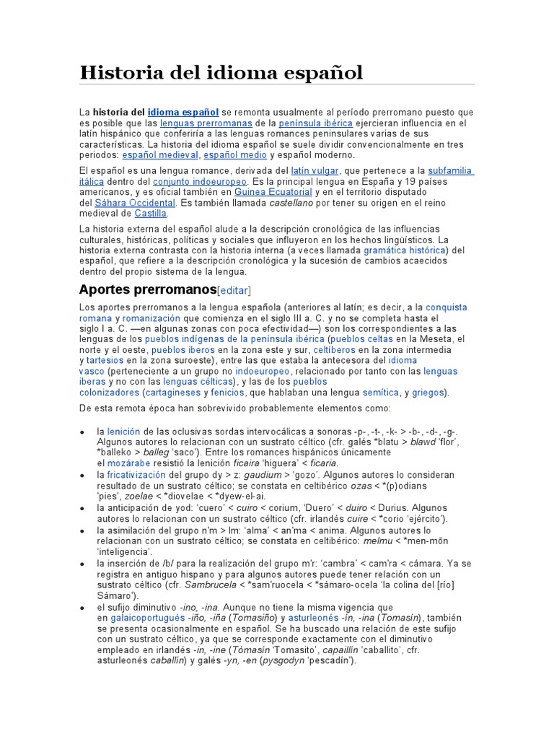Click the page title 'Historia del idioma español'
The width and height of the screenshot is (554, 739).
(x=221, y=72)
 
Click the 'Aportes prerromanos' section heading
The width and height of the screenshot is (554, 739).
(x=147, y=289)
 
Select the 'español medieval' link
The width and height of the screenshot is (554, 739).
(x=159, y=154)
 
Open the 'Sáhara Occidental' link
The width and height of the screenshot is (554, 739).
(x=135, y=203)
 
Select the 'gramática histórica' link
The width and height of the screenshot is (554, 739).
(x=405, y=250)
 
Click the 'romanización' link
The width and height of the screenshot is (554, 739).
(x=152, y=318)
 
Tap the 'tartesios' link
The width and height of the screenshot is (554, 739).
(x=105, y=359)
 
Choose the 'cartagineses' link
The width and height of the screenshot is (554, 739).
(x=173, y=392)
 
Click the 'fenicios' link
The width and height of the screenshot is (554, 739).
(x=227, y=392)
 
